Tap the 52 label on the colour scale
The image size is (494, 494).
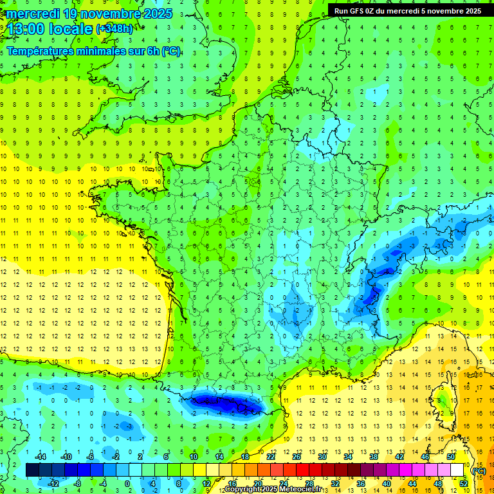click(463, 483)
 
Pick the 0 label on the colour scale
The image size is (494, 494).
click(127, 483)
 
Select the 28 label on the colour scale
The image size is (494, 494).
click(309, 483)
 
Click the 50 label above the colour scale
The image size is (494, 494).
click(450, 456)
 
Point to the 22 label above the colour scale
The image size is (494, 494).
click(271, 456)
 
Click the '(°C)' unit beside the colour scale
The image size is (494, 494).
click(479, 471)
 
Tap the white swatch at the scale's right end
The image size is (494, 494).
click(457, 470)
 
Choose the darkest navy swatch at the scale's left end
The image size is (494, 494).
click(32, 470)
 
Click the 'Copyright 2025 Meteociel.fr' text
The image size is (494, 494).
click(273, 489)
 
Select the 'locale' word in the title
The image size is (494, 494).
click(72, 29)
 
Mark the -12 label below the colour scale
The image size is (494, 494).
click(53, 483)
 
